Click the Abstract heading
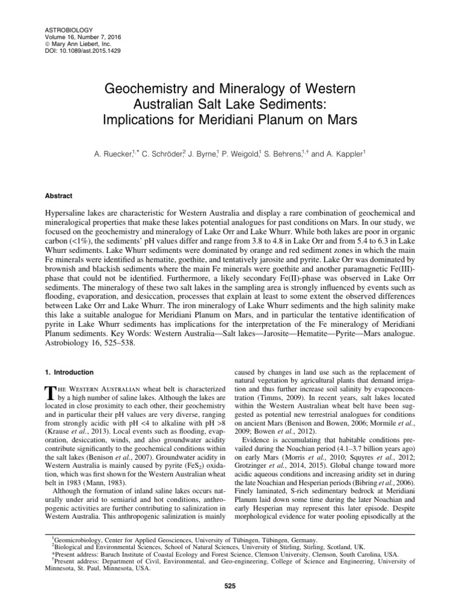tap(59, 195)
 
